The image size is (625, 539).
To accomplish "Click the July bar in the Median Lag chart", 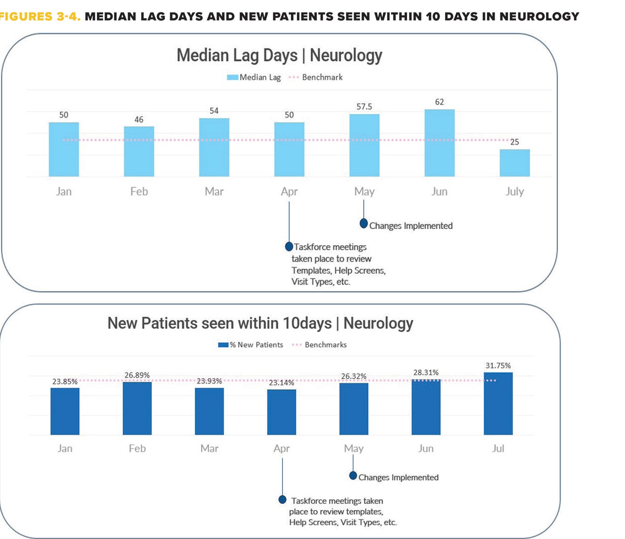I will (x=514, y=163).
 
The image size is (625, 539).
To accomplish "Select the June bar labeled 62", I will (x=439, y=143).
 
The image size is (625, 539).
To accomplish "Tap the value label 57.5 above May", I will (x=364, y=107).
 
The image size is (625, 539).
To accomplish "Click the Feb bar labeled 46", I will (x=139, y=151).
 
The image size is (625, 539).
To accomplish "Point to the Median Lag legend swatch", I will (x=233, y=77).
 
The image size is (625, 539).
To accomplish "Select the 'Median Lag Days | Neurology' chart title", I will (x=279, y=55).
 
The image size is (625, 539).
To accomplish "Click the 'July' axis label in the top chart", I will (x=514, y=192).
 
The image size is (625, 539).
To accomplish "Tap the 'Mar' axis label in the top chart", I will (x=214, y=192).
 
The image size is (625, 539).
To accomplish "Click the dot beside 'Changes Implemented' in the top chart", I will (x=364, y=223).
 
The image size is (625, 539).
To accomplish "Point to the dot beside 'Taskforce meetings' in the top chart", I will (x=289, y=247).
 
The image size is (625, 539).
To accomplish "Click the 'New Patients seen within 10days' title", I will (x=260, y=323).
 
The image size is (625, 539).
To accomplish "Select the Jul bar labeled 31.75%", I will (x=498, y=404).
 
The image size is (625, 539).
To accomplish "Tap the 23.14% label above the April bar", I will (x=281, y=383).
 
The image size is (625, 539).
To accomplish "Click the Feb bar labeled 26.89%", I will (x=137, y=408).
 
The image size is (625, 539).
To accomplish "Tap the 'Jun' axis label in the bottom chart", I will (x=425, y=448).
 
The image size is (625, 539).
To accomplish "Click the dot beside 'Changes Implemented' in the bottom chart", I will (x=353, y=476).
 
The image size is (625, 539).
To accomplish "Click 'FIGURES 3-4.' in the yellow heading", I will (x=40, y=17).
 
